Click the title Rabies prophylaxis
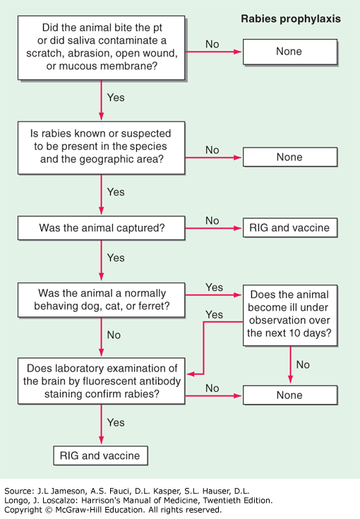[291, 19]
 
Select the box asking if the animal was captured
[101, 227]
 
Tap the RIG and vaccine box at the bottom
[100, 455]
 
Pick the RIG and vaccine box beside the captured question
[290, 227]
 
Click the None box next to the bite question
[290, 52]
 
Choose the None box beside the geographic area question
[290, 157]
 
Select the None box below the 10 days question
[290, 395]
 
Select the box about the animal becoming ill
[290, 316]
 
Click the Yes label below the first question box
[116, 97]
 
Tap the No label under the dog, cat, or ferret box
[114, 335]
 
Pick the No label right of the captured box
[212, 221]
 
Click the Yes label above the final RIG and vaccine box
[116, 423]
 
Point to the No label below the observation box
[303, 365]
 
